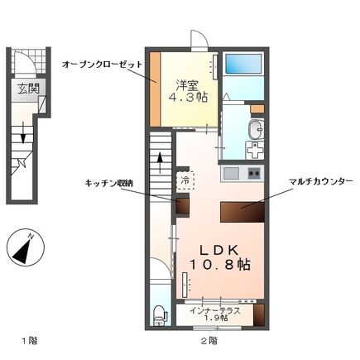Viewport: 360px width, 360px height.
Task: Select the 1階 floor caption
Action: pos(29,341)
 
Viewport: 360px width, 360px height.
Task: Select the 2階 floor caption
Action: pos(209,341)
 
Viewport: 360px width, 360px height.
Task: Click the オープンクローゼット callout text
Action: pos(103,65)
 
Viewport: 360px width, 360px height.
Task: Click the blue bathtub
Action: pos(242,64)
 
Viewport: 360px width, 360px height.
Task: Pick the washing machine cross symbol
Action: pos(255,152)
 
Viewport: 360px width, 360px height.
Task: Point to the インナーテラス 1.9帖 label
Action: pos(214,314)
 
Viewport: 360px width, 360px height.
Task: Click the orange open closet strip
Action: pos(155,88)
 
